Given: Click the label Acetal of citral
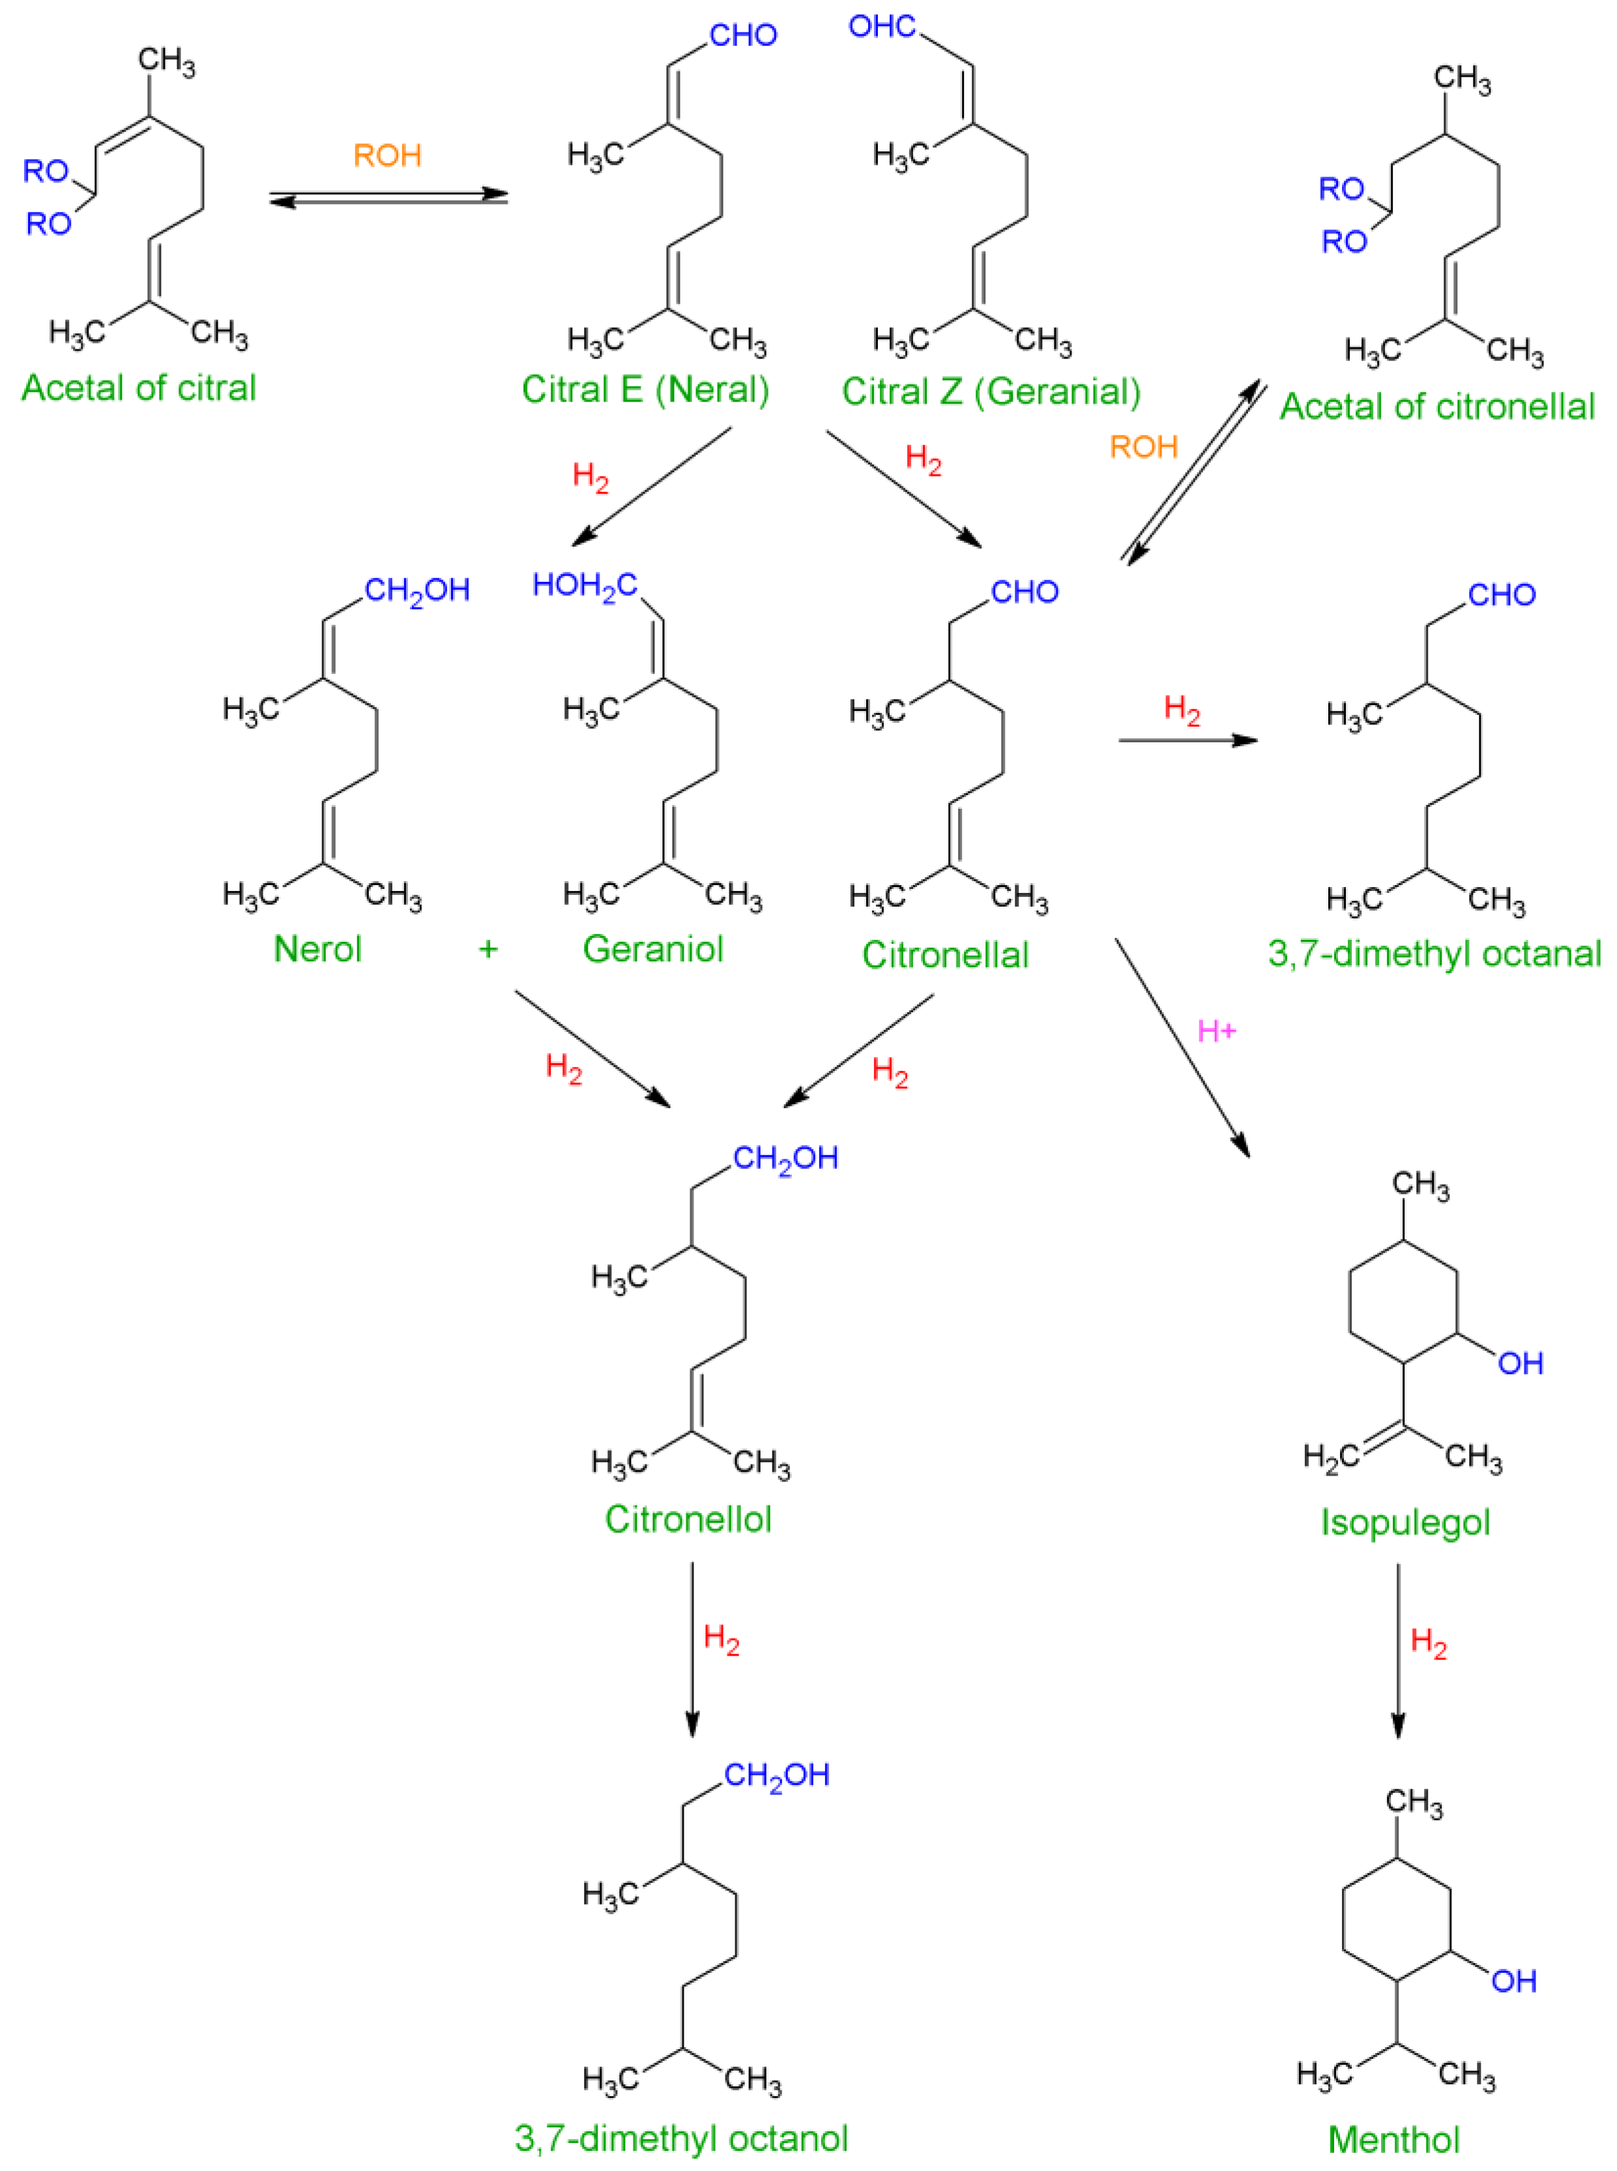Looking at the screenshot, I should coord(138,388).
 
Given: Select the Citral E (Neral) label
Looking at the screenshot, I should coord(645,390).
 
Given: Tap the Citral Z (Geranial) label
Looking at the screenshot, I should coord(991,392).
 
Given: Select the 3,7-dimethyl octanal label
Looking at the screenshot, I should coord(1434,954).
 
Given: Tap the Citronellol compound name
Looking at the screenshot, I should coord(688,1519).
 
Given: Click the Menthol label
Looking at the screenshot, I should coord(1394,2140).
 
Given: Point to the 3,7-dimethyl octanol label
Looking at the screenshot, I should coord(681,2138).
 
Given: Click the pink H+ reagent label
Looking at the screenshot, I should coord(1217,1030).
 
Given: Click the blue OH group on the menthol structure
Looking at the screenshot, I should coord(1513,1981).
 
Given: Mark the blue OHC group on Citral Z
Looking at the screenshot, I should coord(882,27).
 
